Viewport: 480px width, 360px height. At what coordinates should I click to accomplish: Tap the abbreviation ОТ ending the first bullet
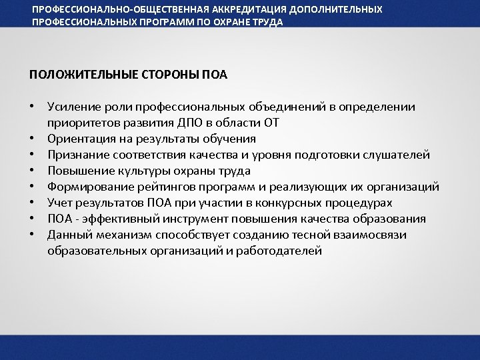pos(271,123)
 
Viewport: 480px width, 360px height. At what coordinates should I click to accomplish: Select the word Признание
pos(75,155)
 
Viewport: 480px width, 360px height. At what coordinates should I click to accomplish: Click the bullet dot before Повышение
pos(32,171)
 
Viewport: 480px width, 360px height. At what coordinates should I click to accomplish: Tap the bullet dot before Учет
pos(32,203)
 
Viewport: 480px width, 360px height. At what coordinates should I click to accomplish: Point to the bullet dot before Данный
pos(32,235)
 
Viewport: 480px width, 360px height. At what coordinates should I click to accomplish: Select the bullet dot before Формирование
pos(32,187)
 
